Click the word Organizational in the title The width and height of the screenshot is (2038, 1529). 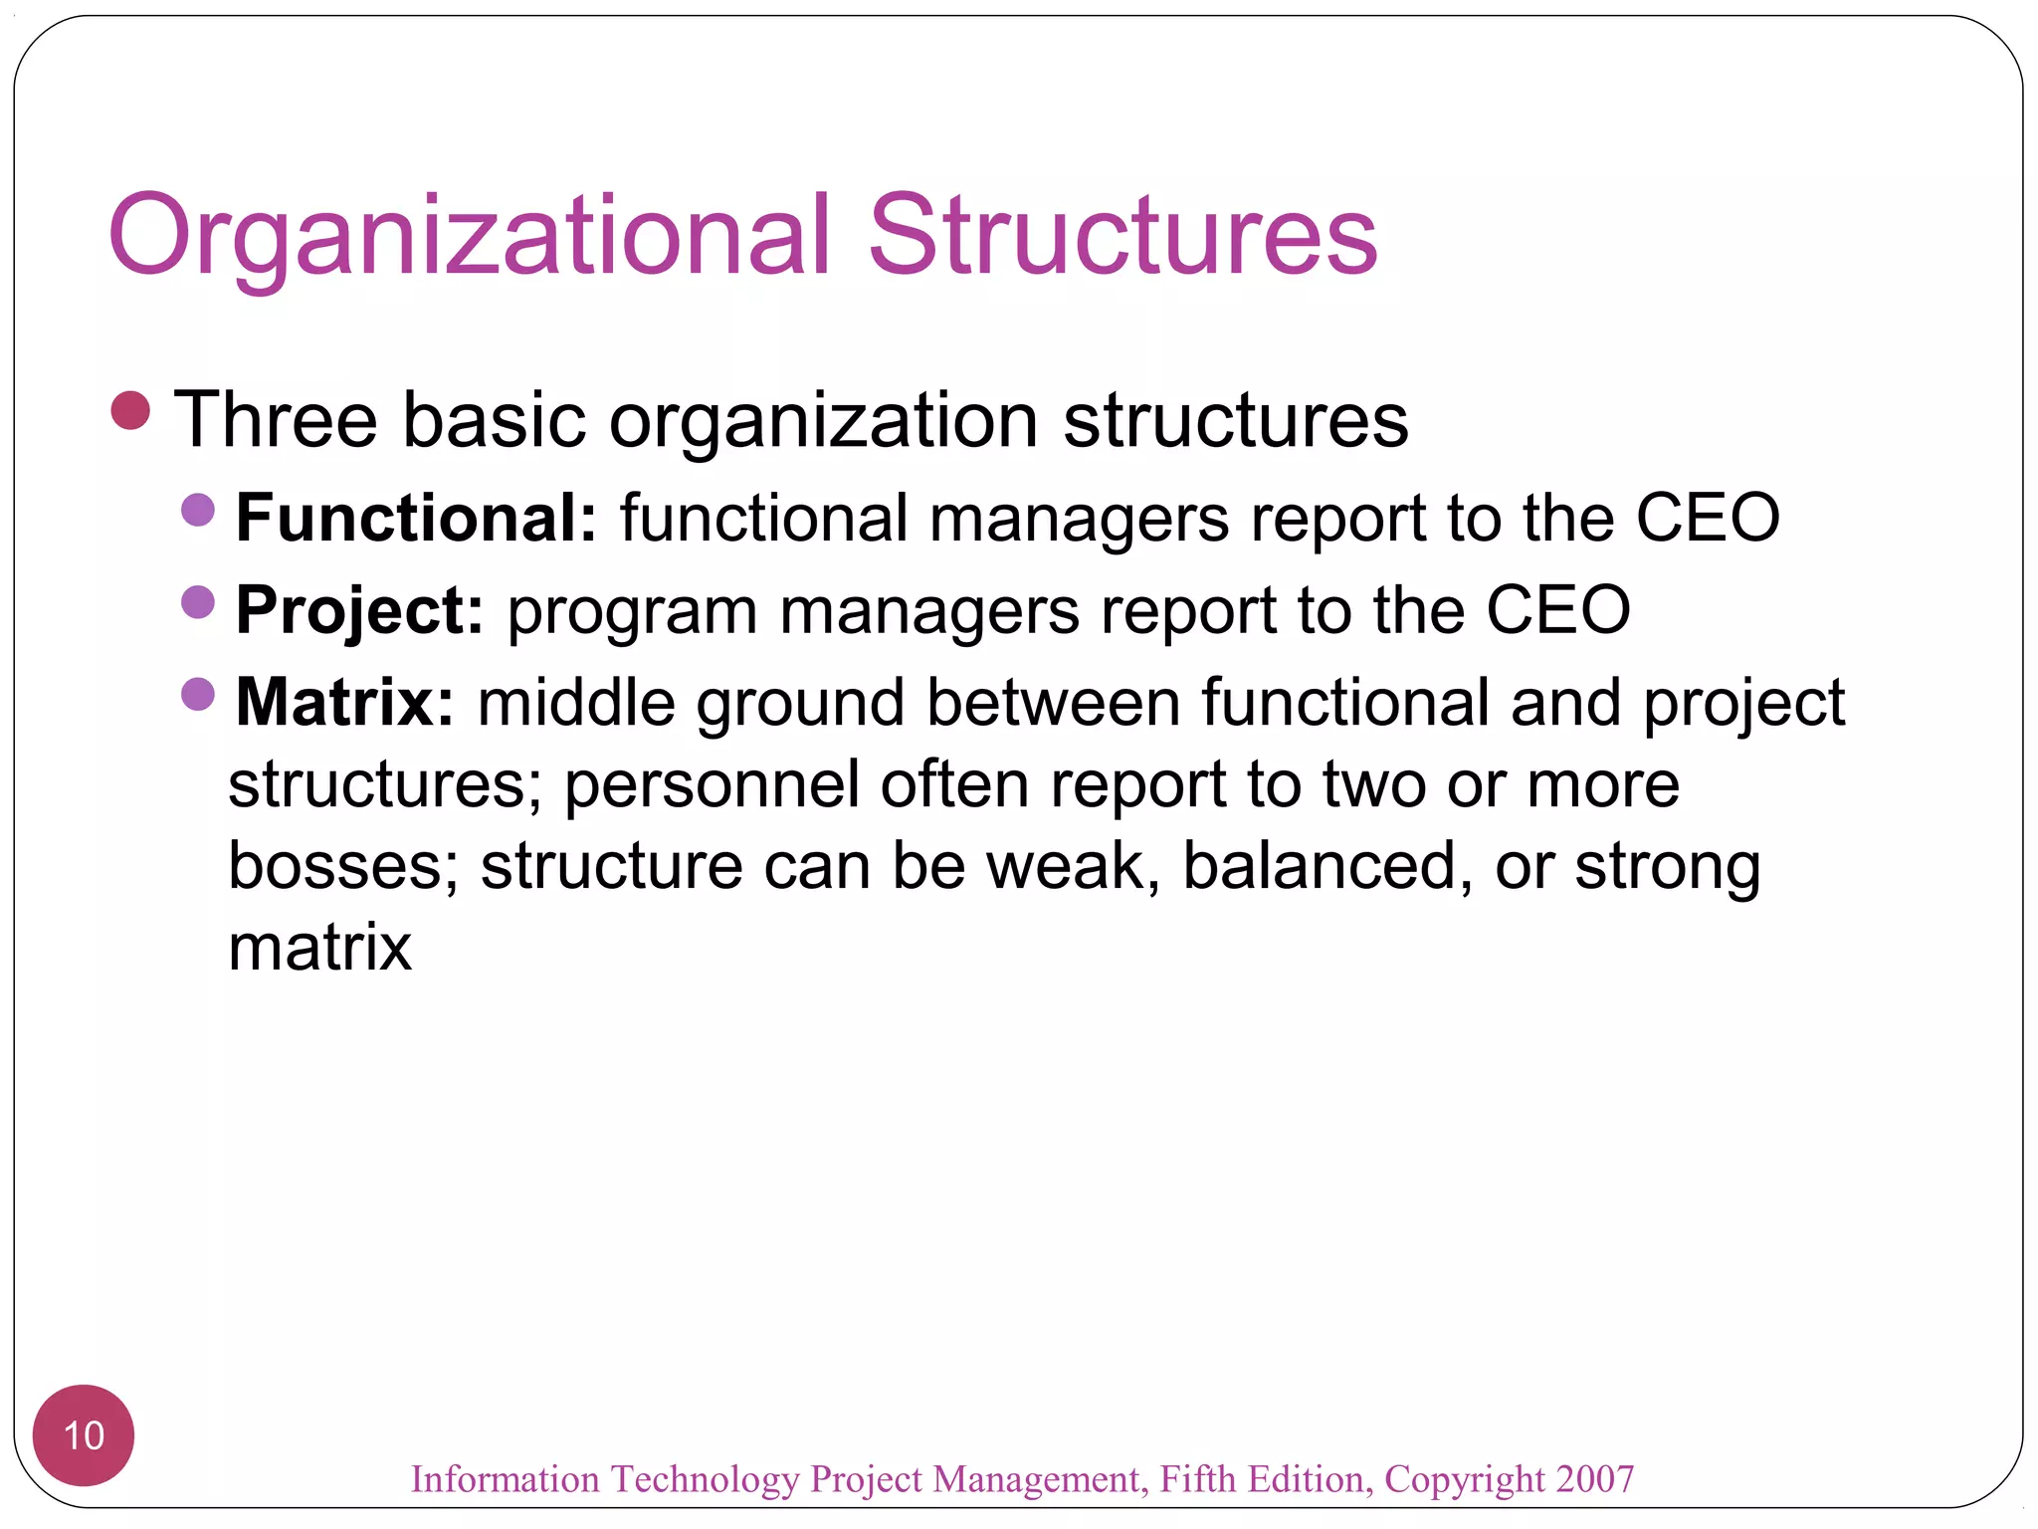[x=468, y=237]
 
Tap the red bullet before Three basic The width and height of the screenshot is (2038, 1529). [x=130, y=410]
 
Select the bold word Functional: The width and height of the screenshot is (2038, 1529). [x=416, y=518]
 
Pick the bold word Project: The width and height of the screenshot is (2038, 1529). [x=359, y=610]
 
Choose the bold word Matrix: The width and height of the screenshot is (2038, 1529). [x=344, y=702]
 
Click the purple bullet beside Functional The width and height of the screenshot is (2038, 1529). [x=198, y=510]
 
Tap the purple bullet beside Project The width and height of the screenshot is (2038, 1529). [x=198, y=601]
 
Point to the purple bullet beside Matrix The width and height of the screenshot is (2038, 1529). [x=198, y=694]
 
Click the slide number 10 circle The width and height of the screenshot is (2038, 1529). [x=84, y=1435]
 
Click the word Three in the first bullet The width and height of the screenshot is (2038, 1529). [x=276, y=420]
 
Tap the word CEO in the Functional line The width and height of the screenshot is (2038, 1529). [x=1708, y=518]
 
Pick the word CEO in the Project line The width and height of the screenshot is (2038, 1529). [x=1557, y=610]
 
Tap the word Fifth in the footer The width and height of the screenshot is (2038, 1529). [x=1198, y=1479]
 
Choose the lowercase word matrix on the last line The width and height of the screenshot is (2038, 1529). [x=319, y=948]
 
